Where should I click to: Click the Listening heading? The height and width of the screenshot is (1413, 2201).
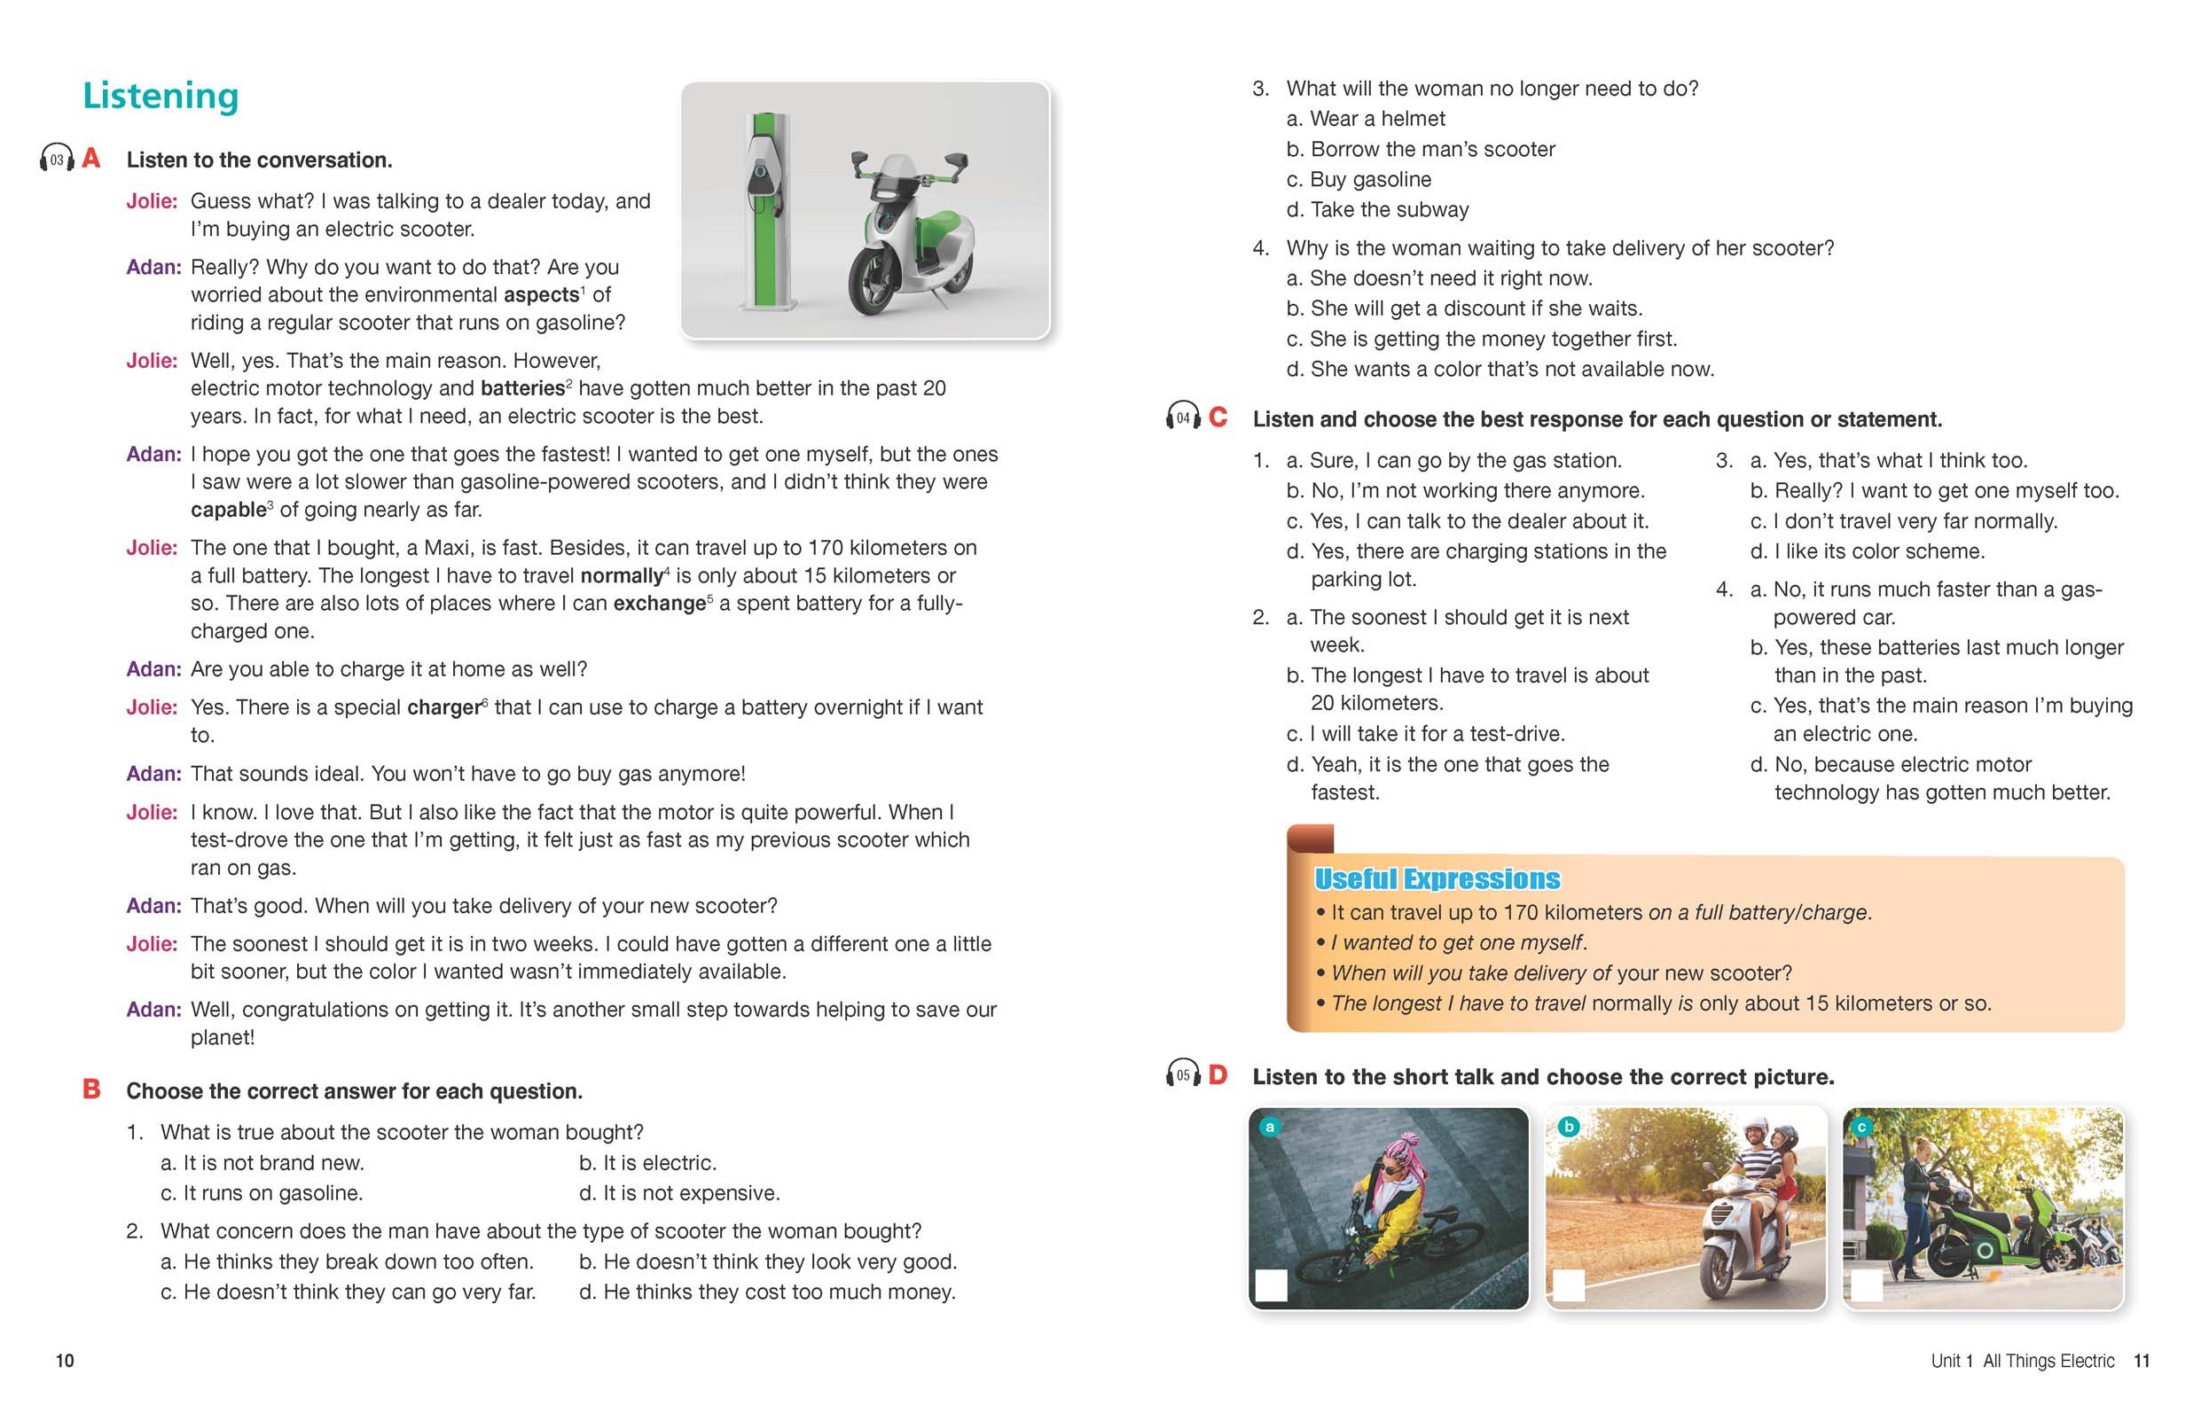(161, 97)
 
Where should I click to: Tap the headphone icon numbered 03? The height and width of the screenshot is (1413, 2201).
(57, 160)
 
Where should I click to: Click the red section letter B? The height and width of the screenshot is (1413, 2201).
(92, 1089)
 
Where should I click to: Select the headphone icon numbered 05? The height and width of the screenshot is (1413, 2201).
(1183, 1074)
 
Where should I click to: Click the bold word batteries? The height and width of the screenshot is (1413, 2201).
(522, 388)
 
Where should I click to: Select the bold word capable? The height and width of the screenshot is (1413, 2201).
(229, 509)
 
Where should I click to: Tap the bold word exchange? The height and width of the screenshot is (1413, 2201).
(659, 604)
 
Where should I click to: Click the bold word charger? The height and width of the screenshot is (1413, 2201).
(444, 707)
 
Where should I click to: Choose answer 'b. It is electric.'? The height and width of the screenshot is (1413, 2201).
(647, 1162)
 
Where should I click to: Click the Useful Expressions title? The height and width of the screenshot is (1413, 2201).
(1437, 879)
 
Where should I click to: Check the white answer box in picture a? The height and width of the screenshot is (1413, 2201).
(1272, 1285)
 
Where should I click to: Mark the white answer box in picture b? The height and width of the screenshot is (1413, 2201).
(1569, 1285)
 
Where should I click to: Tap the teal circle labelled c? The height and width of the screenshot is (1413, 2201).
(1861, 1127)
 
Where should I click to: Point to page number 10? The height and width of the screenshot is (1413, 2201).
(65, 1361)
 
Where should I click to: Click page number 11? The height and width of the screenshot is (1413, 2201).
(2142, 1361)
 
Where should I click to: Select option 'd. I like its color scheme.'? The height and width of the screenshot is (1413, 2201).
(1868, 551)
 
